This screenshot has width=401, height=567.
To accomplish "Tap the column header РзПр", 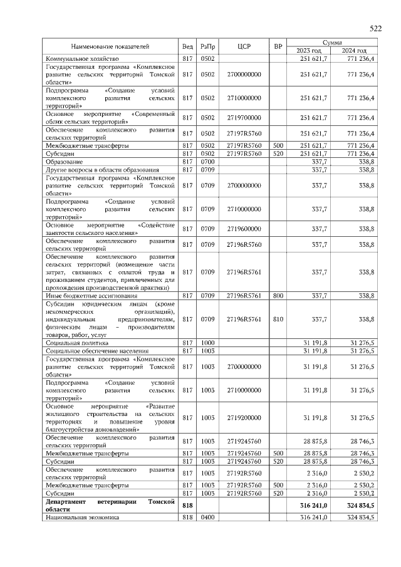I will click(207, 46).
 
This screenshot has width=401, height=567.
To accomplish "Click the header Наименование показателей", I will click(110, 46).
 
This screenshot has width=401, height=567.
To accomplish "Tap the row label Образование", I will click(64, 161).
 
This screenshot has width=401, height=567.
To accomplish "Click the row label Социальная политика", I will click(77, 343).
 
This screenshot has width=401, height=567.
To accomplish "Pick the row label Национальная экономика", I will click(82, 518).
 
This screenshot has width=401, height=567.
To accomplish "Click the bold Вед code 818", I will click(187, 506).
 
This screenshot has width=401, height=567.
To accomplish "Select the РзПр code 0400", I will click(207, 518).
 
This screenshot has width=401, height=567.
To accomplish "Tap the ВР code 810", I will click(278, 319).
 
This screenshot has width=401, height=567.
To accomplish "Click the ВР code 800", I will click(278, 295).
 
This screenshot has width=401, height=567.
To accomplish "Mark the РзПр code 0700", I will click(207, 161).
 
